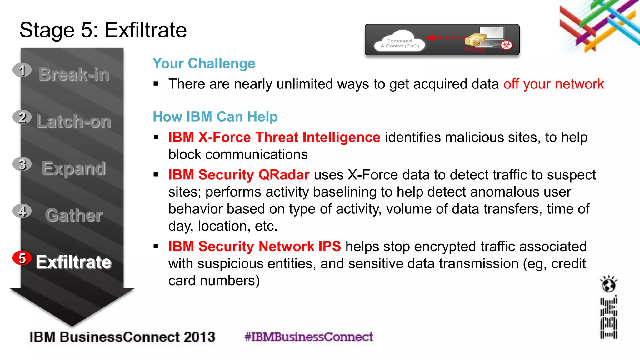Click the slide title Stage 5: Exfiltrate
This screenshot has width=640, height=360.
click(103, 30)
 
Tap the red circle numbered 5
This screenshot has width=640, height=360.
click(22, 258)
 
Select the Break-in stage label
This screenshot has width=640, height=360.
click(74, 74)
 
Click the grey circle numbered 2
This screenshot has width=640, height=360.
click(22, 117)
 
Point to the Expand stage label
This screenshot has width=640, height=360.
click(74, 168)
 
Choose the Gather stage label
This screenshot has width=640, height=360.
click(74, 215)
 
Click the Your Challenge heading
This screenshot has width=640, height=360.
click(204, 63)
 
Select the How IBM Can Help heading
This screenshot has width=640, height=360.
click(215, 117)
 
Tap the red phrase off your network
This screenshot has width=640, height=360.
click(553, 84)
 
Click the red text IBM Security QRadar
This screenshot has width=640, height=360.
click(239, 175)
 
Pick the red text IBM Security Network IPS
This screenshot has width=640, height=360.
click(254, 247)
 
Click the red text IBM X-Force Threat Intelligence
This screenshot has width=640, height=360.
click(274, 137)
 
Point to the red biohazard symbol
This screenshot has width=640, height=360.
click(506, 45)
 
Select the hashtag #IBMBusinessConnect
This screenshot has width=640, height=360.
click(309, 337)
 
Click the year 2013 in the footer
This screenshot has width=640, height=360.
click(199, 337)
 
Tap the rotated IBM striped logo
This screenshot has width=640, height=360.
click(608, 318)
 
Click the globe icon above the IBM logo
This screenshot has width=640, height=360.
click(608, 284)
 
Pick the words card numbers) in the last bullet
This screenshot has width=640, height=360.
click(214, 281)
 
